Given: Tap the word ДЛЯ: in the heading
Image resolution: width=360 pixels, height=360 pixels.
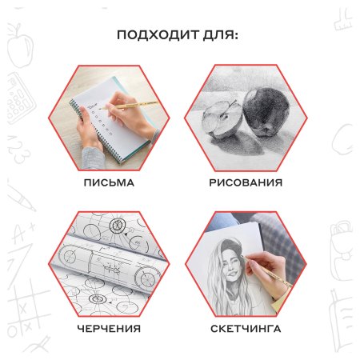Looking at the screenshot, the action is (x=221, y=35).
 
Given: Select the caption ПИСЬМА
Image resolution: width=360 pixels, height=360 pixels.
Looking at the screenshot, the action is (x=109, y=182).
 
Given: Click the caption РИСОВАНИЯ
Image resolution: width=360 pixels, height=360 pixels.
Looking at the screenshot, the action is (x=246, y=182).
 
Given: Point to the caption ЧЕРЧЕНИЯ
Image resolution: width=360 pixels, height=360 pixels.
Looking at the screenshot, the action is (x=109, y=328).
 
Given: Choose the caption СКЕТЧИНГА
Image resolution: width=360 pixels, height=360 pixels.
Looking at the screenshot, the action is (x=246, y=328).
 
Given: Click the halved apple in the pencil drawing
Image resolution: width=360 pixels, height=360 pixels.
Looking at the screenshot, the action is (x=222, y=119).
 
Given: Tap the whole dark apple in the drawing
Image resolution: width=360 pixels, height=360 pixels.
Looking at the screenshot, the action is (x=266, y=112).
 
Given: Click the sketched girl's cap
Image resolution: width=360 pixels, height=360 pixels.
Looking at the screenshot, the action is (x=231, y=246).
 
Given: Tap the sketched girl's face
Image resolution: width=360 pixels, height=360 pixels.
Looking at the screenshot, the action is (x=231, y=266).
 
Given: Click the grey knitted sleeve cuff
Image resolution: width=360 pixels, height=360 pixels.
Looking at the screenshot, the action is (x=92, y=158).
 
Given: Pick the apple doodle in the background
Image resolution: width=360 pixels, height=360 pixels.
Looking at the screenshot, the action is (x=19, y=46).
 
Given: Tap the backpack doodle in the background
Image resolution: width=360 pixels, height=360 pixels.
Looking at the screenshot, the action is (x=342, y=250).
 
